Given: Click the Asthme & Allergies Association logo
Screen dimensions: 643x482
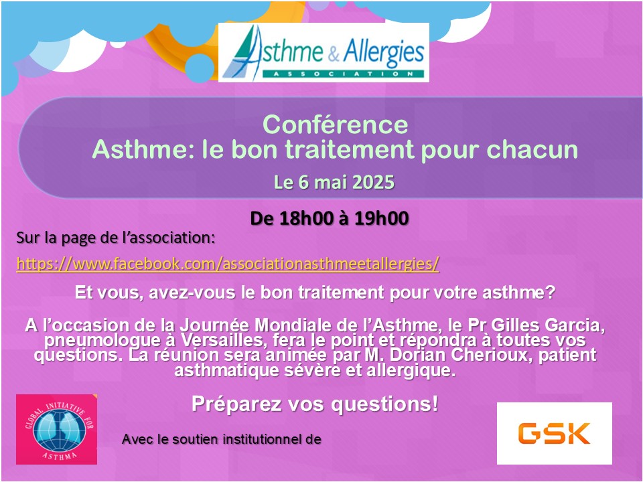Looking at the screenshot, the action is [324, 52].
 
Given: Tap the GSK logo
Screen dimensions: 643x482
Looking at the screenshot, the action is [555, 433].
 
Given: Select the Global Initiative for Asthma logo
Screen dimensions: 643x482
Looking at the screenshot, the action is [56, 429].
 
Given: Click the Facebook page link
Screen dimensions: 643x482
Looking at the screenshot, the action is [228, 264].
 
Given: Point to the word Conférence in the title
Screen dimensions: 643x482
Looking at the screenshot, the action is [336, 125].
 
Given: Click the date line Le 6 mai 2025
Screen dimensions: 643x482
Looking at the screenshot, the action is [334, 182].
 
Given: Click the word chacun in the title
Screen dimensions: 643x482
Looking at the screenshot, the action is [532, 149].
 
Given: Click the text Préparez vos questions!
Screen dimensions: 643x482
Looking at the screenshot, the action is [315, 404].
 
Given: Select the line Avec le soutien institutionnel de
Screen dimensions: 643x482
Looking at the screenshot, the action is [222, 439].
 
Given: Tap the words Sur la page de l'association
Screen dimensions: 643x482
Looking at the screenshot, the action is [115, 238].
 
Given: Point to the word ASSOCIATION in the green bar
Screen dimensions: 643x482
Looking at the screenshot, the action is [343, 74].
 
